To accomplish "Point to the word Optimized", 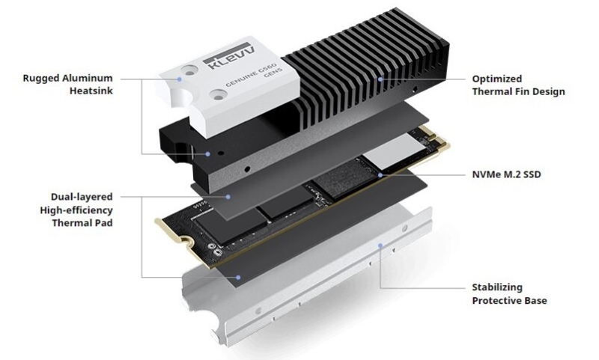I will point(497,78).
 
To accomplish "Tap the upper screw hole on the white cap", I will point(181,75).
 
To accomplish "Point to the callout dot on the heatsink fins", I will point(380,77).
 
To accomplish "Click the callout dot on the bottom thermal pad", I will point(238,277).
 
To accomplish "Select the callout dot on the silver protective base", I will point(380,245).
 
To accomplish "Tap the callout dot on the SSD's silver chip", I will point(380,174).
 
